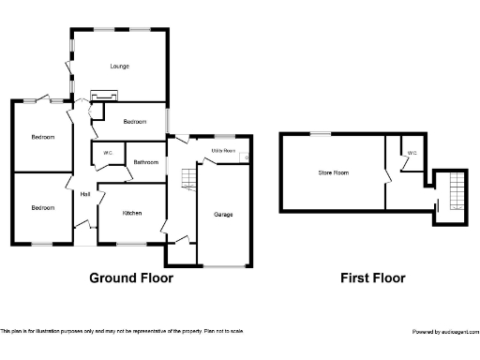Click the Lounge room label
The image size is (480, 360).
pos(119,66)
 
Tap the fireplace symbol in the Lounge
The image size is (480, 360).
pos(103,94)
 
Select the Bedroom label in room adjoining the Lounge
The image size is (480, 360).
pos(136,122)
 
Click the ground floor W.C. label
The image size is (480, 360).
pos(108,153)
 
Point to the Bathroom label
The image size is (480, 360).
pos(145,162)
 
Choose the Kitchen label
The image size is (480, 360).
pos(132,214)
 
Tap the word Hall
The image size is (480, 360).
pos(85,194)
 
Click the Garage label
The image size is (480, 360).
pos(223,215)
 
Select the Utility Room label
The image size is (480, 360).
pos(222,150)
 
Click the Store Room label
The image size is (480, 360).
pos(333,172)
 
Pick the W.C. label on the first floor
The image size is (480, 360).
pos(411,151)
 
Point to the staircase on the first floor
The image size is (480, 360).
pos(456,191)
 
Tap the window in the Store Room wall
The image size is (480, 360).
pos(322,134)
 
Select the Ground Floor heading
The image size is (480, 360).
pos(131,277)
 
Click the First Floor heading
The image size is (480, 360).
pos(373,277)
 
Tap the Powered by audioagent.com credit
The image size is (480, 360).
pos(444,332)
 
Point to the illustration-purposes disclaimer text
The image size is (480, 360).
pos(122,332)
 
